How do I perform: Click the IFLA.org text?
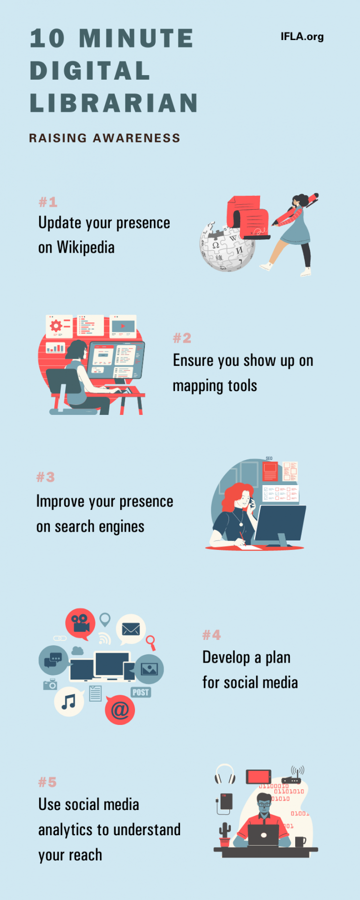(x=302, y=37)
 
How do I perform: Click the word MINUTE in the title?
(x=136, y=39)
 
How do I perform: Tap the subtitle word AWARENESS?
(x=136, y=138)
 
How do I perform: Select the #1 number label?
(x=48, y=202)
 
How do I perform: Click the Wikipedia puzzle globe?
(x=227, y=246)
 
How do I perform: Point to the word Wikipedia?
(x=86, y=247)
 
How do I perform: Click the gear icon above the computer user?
(x=56, y=325)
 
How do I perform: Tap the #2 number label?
(x=182, y=338)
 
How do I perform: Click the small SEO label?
(x=269, y=458)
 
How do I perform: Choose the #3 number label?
(x=45, y=477)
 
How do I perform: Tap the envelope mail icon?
(x=131, y=629)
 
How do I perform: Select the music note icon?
(x=69, y=702)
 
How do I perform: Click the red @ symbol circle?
(x=120, y=710)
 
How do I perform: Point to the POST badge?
(x=141, y=692)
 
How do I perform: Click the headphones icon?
(x=225, y=774)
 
